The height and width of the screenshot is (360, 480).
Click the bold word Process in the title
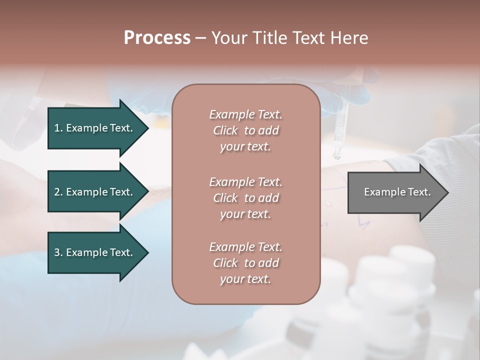tap(157, 38)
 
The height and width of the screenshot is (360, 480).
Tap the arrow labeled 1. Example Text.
tap(95, 128)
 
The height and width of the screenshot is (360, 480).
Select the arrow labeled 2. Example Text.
tap(95, 192)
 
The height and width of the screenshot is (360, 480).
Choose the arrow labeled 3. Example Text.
tap(95, 253)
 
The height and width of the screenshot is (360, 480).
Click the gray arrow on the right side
tap(395, 192)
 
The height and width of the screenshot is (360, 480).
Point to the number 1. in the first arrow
tap(58, 128)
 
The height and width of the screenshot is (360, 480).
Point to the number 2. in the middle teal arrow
tap(58, 192)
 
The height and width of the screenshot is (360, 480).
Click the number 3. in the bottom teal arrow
tap(58, 253)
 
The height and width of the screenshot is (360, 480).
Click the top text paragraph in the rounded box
tap(245, 130)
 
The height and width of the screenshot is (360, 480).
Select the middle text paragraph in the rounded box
tap(245, 198)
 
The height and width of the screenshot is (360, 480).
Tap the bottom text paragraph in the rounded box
tap(245, 263)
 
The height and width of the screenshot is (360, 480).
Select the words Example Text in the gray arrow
tap(397, 192)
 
